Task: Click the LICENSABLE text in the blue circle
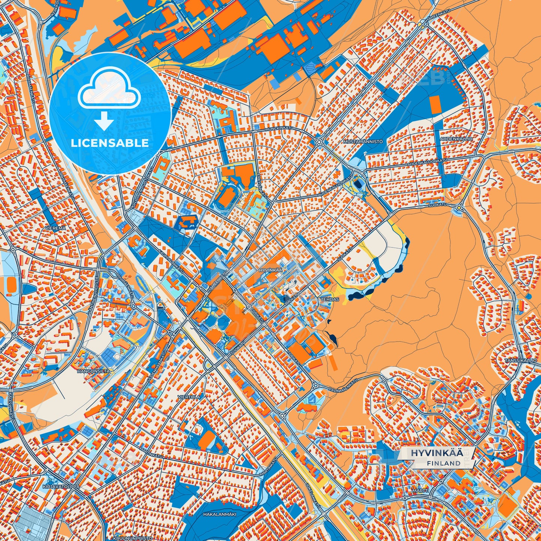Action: [110, 143]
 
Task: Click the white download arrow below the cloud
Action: [104, 121]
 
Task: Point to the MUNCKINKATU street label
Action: [279, 128]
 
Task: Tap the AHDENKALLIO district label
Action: [456, 139]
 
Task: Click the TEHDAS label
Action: [329, 300]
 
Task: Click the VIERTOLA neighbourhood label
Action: [189, 396]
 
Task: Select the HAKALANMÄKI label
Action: [219, 514]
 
